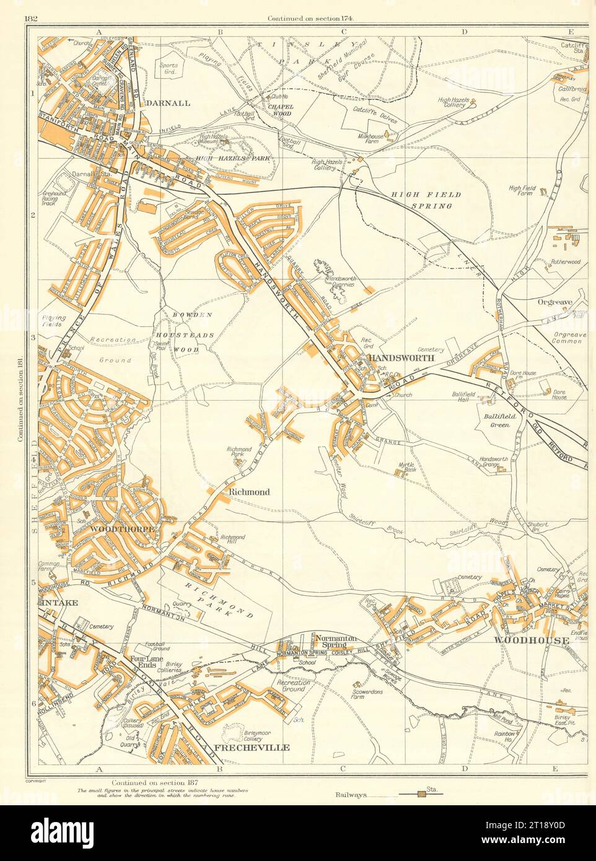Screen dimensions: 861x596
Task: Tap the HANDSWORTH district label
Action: coord(399,359)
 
